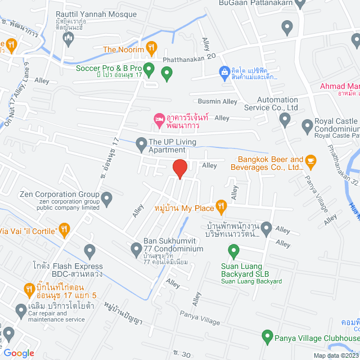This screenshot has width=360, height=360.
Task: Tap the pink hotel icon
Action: point(159,119)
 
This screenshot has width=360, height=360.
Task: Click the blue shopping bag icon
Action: point(224,71)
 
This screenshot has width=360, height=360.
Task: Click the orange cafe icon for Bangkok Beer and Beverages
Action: point(311,163)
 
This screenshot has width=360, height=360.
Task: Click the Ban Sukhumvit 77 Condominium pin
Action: point(136,248)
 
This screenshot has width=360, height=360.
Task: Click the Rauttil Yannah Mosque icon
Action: point(69,38)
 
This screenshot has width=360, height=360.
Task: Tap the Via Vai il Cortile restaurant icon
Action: point(65,229)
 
